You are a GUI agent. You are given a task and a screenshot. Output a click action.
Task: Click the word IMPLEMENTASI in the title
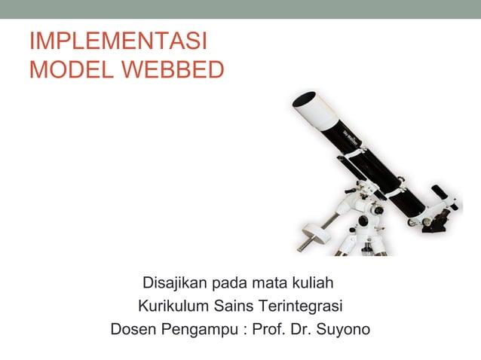(x=118, y=41)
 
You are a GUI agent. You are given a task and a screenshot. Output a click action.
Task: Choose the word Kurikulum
(x=173, y=307)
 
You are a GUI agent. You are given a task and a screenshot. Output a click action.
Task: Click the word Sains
(x=234, y=307)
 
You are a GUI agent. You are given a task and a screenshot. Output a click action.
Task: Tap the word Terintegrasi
(x=301, y=307)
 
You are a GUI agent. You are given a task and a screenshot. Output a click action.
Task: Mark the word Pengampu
(x=198, y=329)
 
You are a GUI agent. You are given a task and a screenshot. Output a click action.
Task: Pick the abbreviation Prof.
(x=269, y=329)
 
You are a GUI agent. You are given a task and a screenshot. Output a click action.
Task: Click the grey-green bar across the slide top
(x=240, y=9)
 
